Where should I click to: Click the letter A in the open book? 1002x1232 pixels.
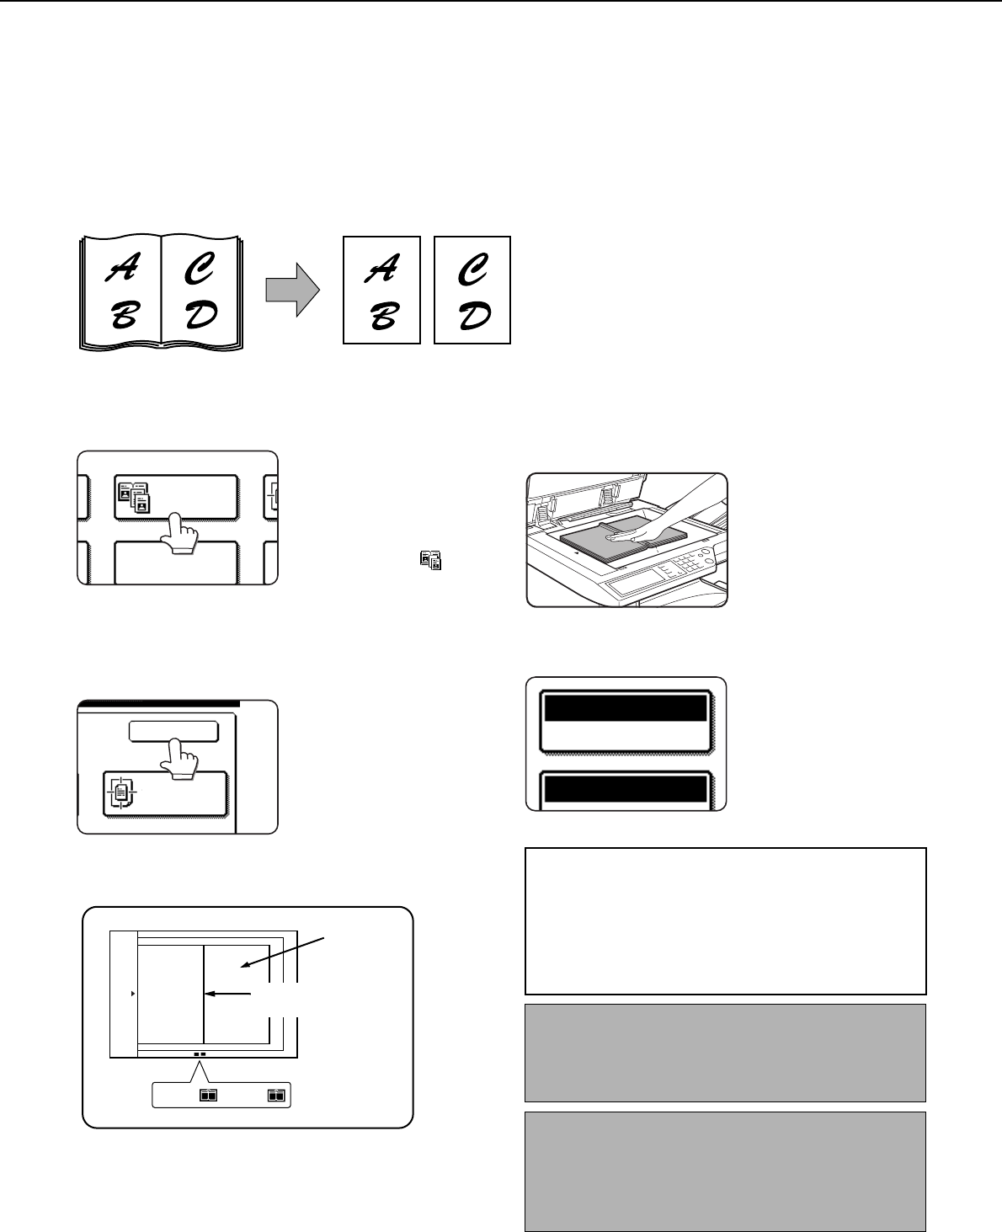tap(122, 268)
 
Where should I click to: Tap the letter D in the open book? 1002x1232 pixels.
tap(201, 315)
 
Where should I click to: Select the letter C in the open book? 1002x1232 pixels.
tap(200, 269)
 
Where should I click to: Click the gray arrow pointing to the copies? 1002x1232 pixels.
tap(292, 290)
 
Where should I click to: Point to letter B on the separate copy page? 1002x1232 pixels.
tap(384, 316)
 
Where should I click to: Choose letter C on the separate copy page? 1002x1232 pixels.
tap(473, 269)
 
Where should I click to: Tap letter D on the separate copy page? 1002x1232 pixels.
tap(475, 316)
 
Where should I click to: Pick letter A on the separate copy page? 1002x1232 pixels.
tap(381, 269)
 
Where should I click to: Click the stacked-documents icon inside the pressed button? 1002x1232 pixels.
tap(134, 498)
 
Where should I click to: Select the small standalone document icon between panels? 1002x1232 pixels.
tap(431, 561)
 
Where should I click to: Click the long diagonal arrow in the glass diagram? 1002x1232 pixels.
tap(283, 952)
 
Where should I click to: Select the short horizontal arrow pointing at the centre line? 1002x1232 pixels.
tap(228, 994)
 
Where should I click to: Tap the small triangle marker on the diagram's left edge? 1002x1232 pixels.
tap(133, 994)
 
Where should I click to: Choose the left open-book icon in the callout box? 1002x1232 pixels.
tap(208, 1095)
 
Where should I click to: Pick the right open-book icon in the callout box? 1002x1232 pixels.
tap(276, 1095)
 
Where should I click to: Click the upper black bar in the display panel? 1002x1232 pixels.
tap(626, 708)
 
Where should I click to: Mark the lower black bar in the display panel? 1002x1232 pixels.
tap(626, 789)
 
